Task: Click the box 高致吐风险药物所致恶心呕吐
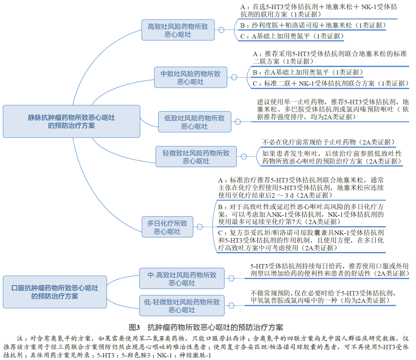pos(178,30)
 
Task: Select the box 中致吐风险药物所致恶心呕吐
pos(190,77)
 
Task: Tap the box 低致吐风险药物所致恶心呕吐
pos(195,122)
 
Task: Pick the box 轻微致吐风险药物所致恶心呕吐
pos(196,157)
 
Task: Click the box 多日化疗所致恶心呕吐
pos(167,227)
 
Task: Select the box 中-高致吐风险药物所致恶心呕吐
pos(182,278)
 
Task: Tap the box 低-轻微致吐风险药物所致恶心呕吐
pos(182,306)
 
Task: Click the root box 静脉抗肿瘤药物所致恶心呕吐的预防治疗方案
pos(71,121)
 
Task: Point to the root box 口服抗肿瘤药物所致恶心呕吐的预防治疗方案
pos(55,292)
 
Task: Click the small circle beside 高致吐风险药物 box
pos(221,30)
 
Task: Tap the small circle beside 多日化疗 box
pos(200,227)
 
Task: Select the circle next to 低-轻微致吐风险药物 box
pos(231,306)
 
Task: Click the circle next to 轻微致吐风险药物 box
pos(244,157)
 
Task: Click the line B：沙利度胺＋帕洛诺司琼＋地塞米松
pos(313,25)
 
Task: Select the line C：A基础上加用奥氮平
pos(292,36)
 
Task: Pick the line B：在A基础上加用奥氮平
pos(308,72)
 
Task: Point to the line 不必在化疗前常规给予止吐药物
pos(329,142)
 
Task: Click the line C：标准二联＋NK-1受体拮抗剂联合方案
pos(331,83)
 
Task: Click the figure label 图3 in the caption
pos(134,327)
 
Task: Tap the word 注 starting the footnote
pos(20,339)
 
